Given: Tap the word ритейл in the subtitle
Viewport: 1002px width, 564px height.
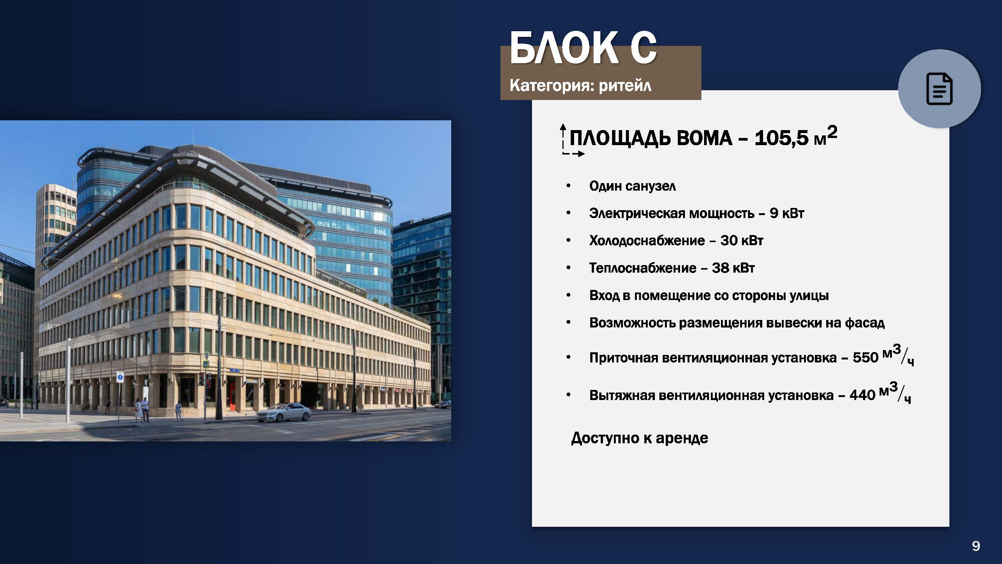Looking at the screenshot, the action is click(625, 86).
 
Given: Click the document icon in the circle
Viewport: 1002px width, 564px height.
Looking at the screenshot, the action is click(939, 89).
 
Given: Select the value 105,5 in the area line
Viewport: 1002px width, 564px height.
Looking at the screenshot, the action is click(781, 138).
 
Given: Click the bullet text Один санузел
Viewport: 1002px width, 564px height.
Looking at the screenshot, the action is click(632, 186).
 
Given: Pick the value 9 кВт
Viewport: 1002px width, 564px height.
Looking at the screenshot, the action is click(786, 213).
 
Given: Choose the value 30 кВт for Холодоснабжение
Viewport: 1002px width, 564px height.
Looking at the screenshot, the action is click(741, 241).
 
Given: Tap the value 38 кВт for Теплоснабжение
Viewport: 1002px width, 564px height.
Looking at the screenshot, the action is click(733, 268).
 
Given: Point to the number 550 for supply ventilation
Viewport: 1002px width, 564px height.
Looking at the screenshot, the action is click(866, 357).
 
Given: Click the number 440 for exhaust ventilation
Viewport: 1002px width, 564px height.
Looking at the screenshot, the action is click(862, 395).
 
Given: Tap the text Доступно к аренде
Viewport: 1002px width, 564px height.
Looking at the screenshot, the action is click(639, 438).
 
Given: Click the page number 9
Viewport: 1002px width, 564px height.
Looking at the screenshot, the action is click(976, 546).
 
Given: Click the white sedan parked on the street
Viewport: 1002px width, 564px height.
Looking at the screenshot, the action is click(284, 412).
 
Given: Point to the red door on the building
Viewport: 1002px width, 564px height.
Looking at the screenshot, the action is click(232, 395).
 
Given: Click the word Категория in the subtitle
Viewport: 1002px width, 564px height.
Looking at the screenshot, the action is click(552, 86).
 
